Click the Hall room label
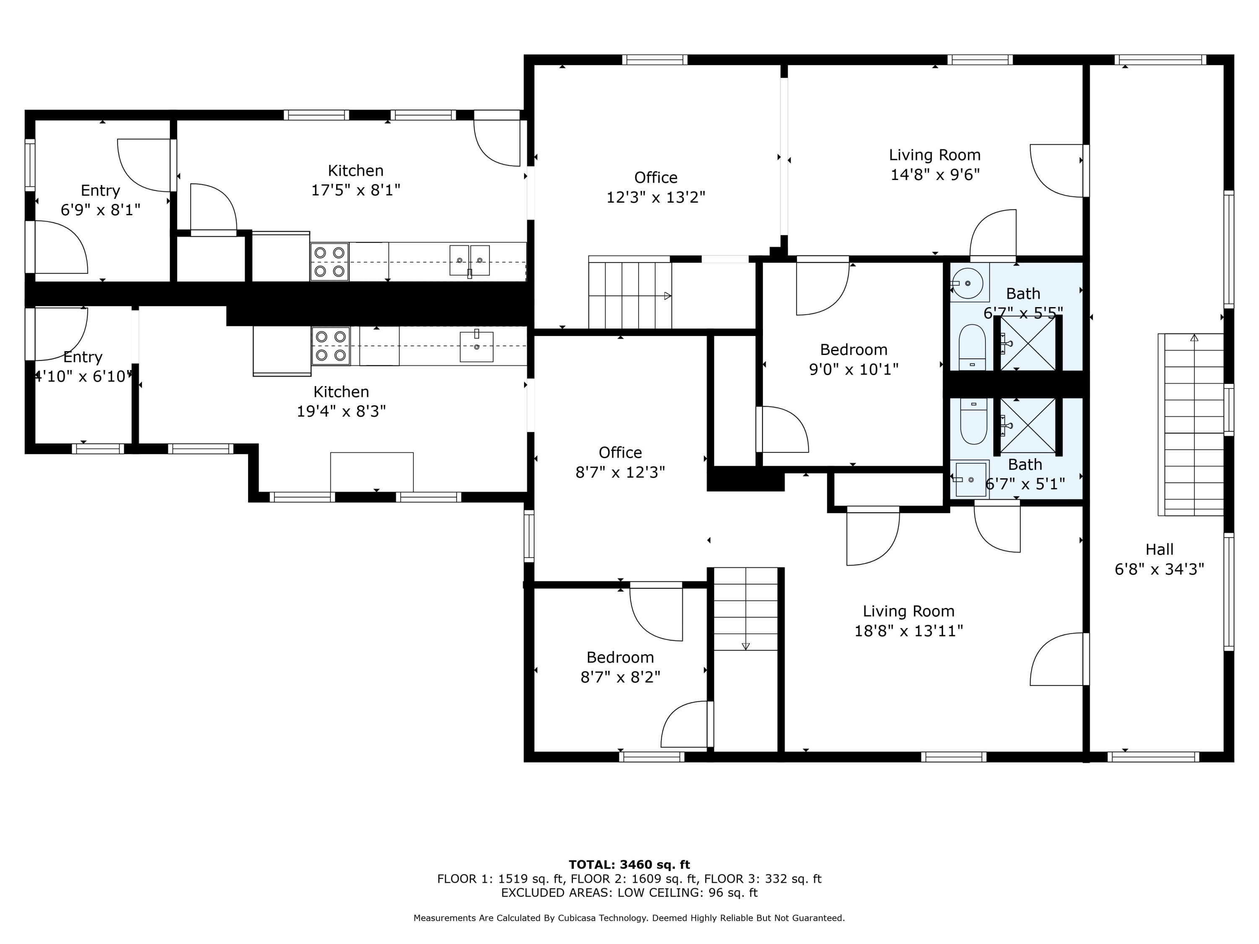(1160, 549)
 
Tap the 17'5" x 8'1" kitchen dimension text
(356, 190)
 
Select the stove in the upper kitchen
(329, 262)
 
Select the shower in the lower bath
(1028, 425)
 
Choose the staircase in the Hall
(1191, 425)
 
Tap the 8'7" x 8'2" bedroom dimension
(620, 677)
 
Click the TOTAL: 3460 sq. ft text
(629, 865)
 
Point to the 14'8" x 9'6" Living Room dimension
(935, 175)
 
